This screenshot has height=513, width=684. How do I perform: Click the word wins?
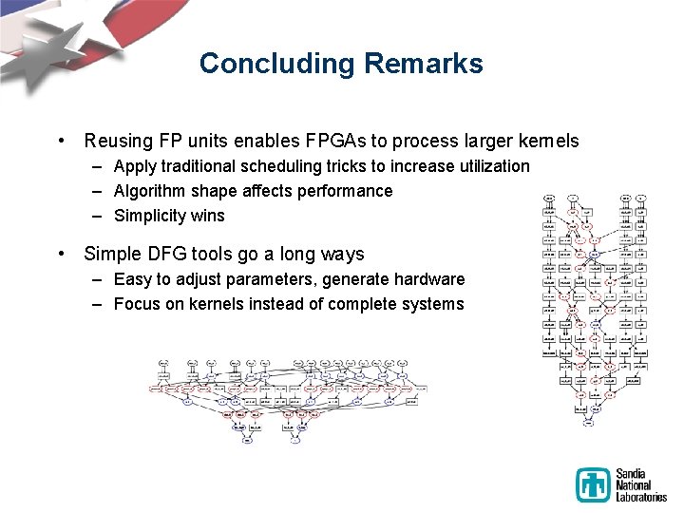(207, 216)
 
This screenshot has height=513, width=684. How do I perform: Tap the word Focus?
(136, 304)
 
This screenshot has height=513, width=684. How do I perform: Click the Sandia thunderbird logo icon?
(594, 484)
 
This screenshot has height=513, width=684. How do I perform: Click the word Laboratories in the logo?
(642, 496)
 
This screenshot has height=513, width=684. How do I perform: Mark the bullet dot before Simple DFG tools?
(62, 255)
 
